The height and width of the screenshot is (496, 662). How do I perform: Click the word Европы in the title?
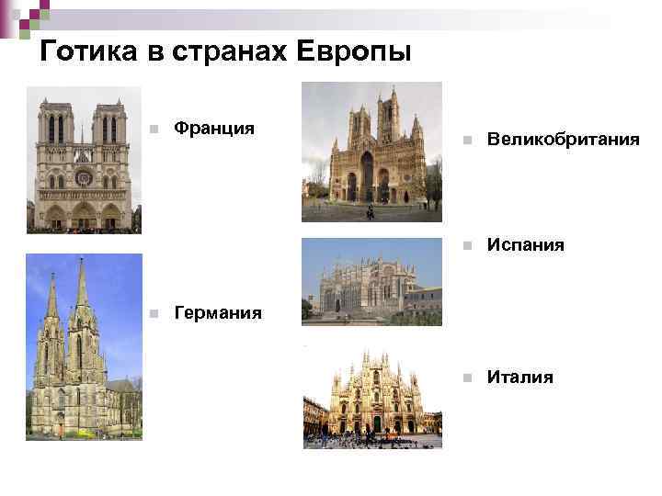coord(354,52)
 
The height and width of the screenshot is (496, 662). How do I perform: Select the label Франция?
coord(213,127)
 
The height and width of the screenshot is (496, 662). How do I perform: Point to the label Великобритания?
coord(563,140)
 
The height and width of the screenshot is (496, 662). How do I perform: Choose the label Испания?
coord(525,245)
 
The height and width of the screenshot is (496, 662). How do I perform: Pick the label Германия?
coord(217,313)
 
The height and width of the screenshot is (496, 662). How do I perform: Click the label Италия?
coord(519,377)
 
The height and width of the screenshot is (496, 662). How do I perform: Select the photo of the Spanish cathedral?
coord(371,281)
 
